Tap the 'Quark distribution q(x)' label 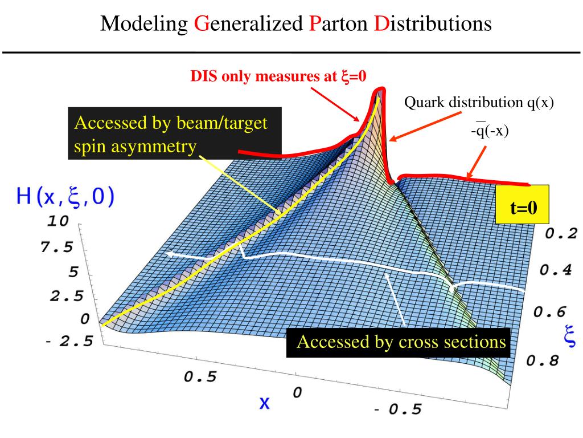(x=479, y=103)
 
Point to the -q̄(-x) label (x=489, y=131)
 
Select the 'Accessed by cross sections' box (x=401, y=342)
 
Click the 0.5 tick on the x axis (x=199, y=378)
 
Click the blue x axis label (x=264, y=403)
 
